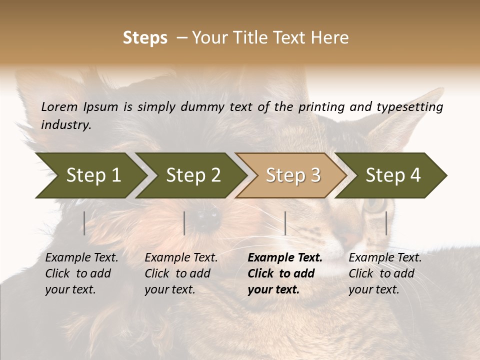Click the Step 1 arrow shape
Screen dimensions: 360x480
pyautogui.click(x=90, y=175)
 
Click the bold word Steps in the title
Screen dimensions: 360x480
pyautogui.click(x=145, y=38)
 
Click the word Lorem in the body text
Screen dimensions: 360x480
pyautogui.click(x=59, y=106)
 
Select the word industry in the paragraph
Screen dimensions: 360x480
pyautogui.click(x=65, y=124)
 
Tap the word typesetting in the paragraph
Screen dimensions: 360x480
pyautogui.click(x=409, y=106)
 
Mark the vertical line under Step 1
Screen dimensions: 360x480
pyautogui.click(x=84, y=223)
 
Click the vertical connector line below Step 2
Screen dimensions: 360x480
pyautogui.click(x=184, y=223)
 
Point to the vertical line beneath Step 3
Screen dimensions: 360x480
pyautogui.click(x=285, y=223)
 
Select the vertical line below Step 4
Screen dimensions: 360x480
pyautogui.click(x=386, y=223)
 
